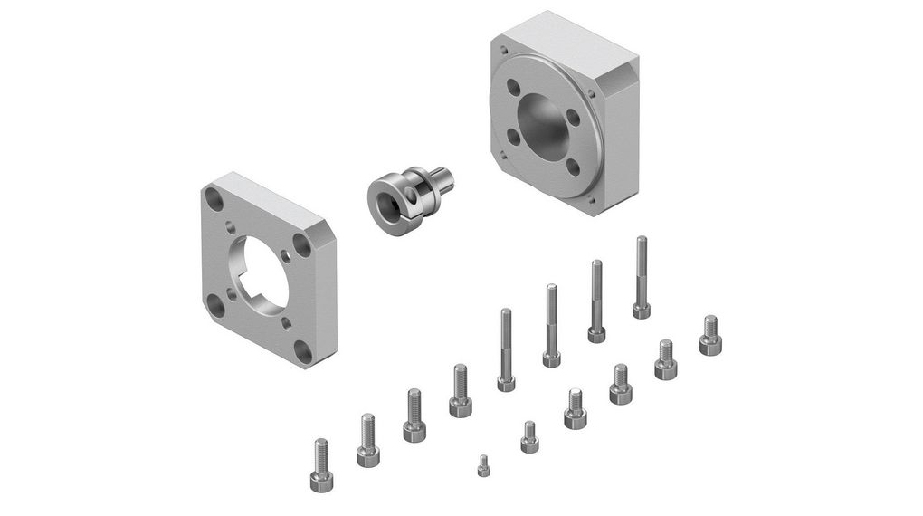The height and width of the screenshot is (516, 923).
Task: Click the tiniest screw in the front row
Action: (x=484, y=465)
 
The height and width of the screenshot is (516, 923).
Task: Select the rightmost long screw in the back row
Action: (x=641, y=277)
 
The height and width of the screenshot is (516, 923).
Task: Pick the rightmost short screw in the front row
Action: (x=710, y=334)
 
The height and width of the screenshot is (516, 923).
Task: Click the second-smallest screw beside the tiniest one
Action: (x=529, y=435)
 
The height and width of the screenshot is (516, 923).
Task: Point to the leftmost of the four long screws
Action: (x=505, y=349)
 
